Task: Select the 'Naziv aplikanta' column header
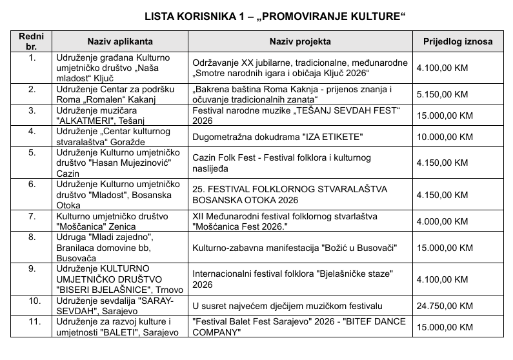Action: click(120, 42)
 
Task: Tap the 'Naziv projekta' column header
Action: click(300, 42)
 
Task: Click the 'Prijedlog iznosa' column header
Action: click(458, 42)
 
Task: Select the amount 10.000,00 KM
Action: click(445, 137)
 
